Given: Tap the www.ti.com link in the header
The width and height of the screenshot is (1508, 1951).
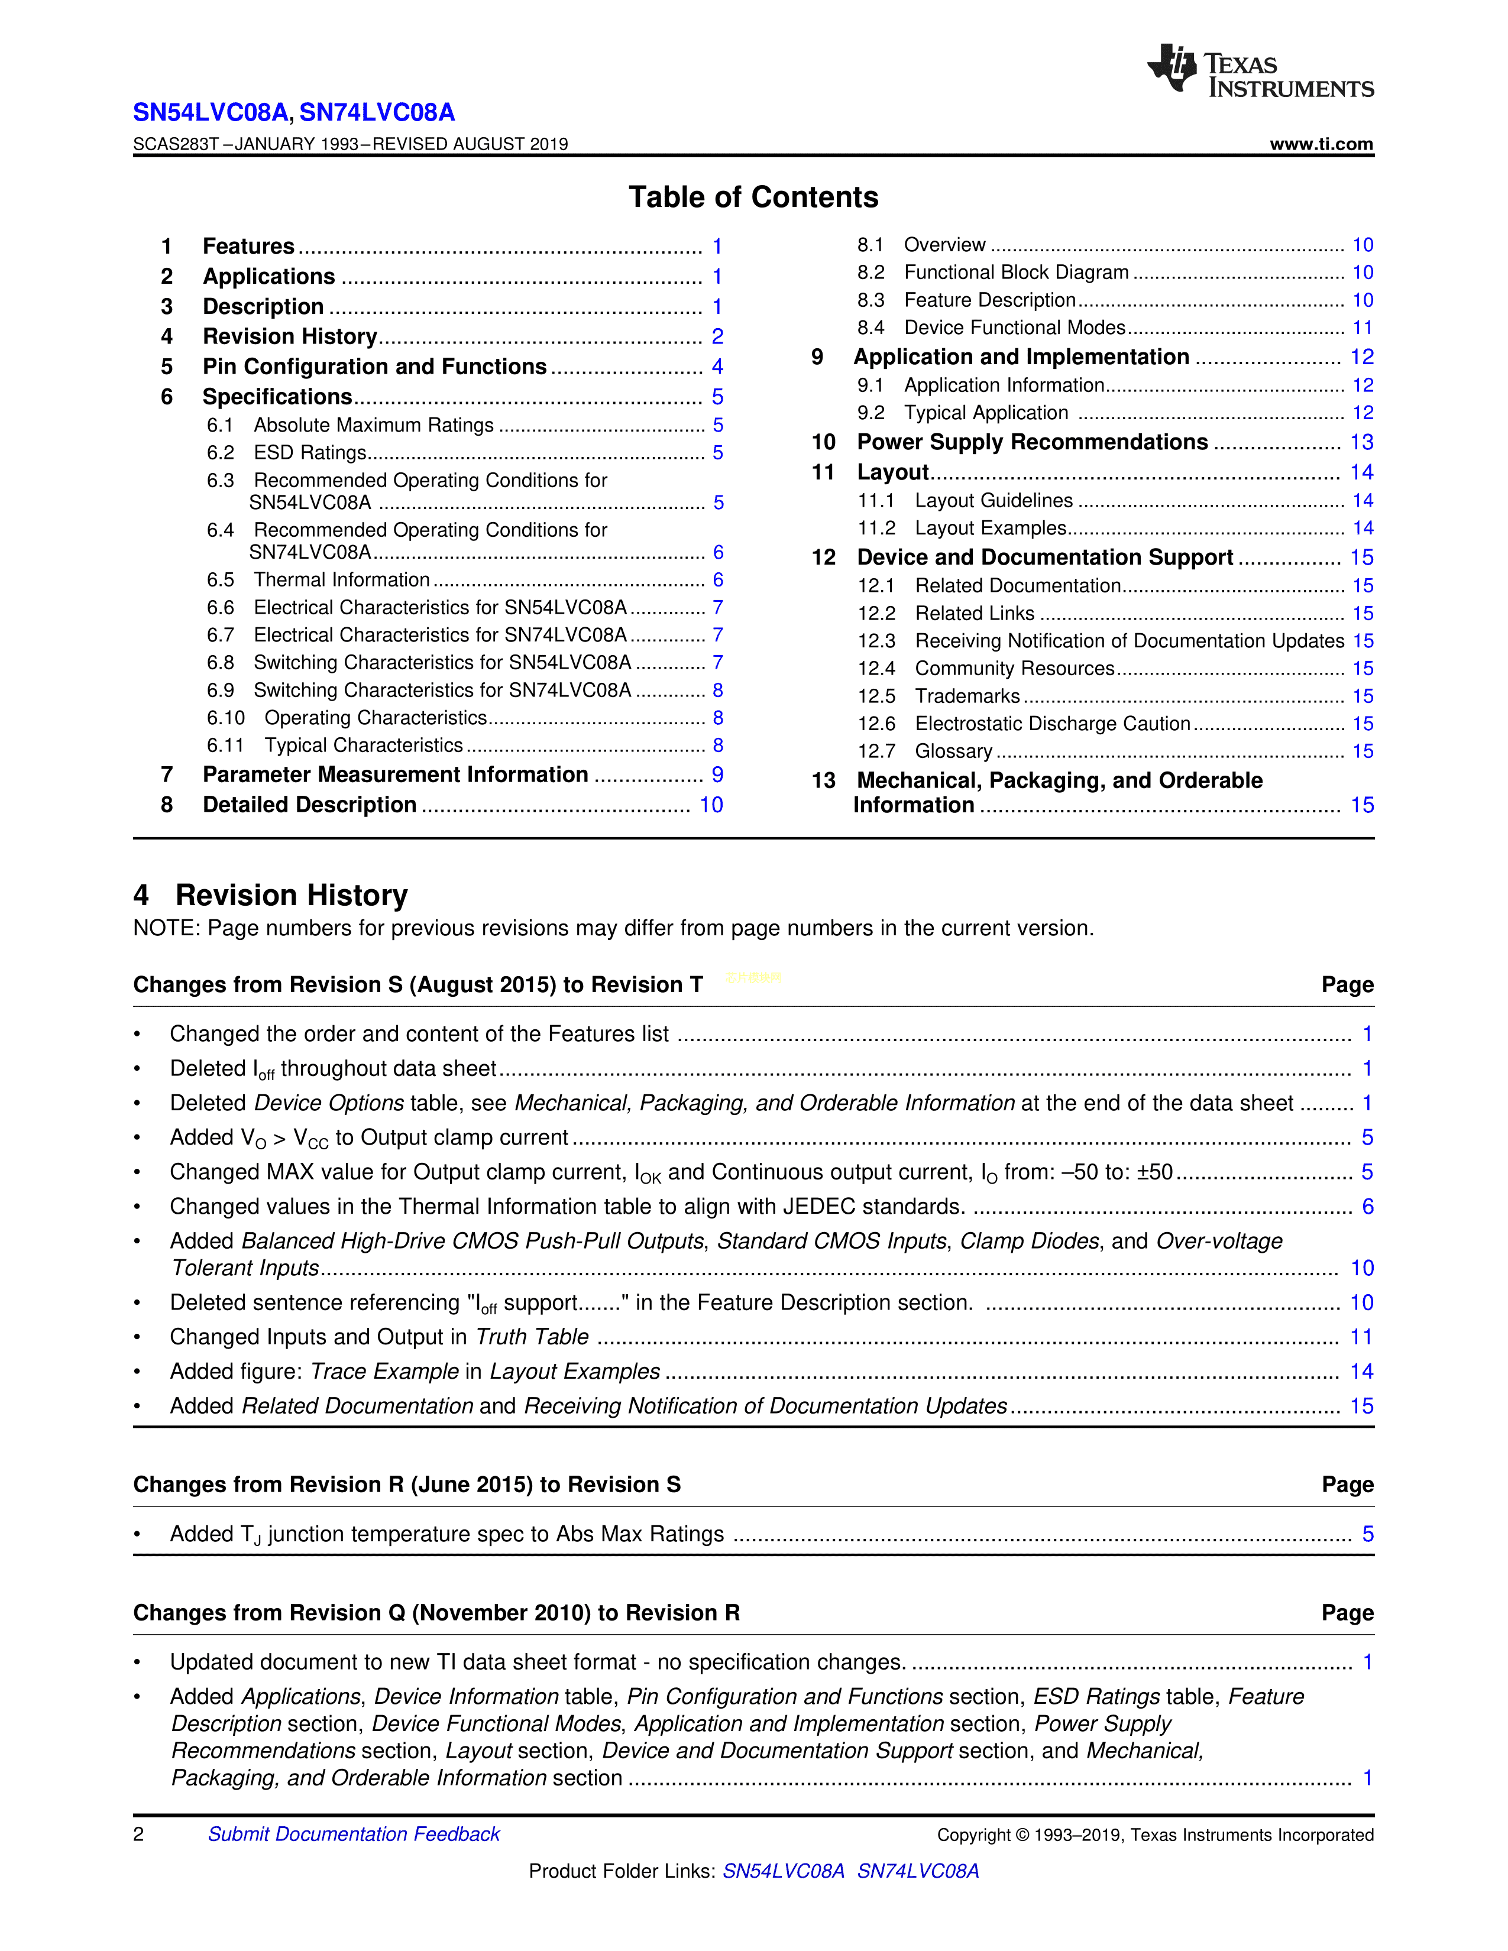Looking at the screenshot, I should (x=1321, y=144).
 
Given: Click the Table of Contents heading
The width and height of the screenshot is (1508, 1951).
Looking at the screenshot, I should (x=753, y=197).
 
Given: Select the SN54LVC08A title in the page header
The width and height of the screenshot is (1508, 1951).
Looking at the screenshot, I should (x=210, y=112).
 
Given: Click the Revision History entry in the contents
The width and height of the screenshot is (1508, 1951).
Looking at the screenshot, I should (x=289, y=337).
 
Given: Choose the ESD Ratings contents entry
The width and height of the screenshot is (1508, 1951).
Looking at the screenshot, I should (x=310, y=453).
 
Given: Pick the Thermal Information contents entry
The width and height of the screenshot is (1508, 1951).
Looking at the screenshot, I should (x=341, y=580).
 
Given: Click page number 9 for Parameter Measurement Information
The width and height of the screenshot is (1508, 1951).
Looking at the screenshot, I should (x=717, y=774).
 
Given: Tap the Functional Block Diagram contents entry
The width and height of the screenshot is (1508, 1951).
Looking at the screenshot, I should (x=1016, y=273).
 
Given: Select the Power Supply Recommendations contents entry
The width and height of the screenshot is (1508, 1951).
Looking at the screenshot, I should (x=1032, y=442).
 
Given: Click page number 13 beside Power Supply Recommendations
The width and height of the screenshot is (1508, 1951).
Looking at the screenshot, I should (x=1361, y=442).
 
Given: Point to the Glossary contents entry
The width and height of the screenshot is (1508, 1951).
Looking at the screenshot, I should (x=953, y=751).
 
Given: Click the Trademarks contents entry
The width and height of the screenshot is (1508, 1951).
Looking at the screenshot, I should (x=967, y=696).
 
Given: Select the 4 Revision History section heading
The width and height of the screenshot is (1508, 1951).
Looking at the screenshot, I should (x=271, y=895).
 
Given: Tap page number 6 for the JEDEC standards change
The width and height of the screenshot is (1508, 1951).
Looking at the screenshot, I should (x=1367, y=1207).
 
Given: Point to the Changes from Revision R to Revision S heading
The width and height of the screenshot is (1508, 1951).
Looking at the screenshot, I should (x=406, y=1485).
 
